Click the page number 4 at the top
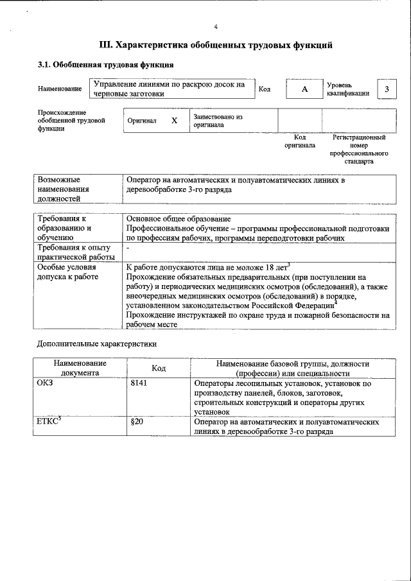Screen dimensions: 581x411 point(216,26)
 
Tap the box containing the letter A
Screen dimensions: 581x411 point(304,89)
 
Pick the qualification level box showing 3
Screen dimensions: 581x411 point(387,89)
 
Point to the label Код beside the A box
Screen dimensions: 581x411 point(264,89)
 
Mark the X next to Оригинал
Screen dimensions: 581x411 point(174,121)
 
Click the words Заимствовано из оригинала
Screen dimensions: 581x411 point(218,121)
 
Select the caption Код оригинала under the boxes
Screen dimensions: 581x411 point(299,141)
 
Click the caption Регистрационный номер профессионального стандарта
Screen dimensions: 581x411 point(359,150)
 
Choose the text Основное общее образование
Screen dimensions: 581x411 point(179,219)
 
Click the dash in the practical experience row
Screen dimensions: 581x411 point(128,247)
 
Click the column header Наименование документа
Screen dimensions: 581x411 point(80,367)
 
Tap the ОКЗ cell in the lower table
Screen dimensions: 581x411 point(47,383)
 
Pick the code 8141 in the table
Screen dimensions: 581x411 point(139,383)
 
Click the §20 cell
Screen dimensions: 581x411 point(136,423)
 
